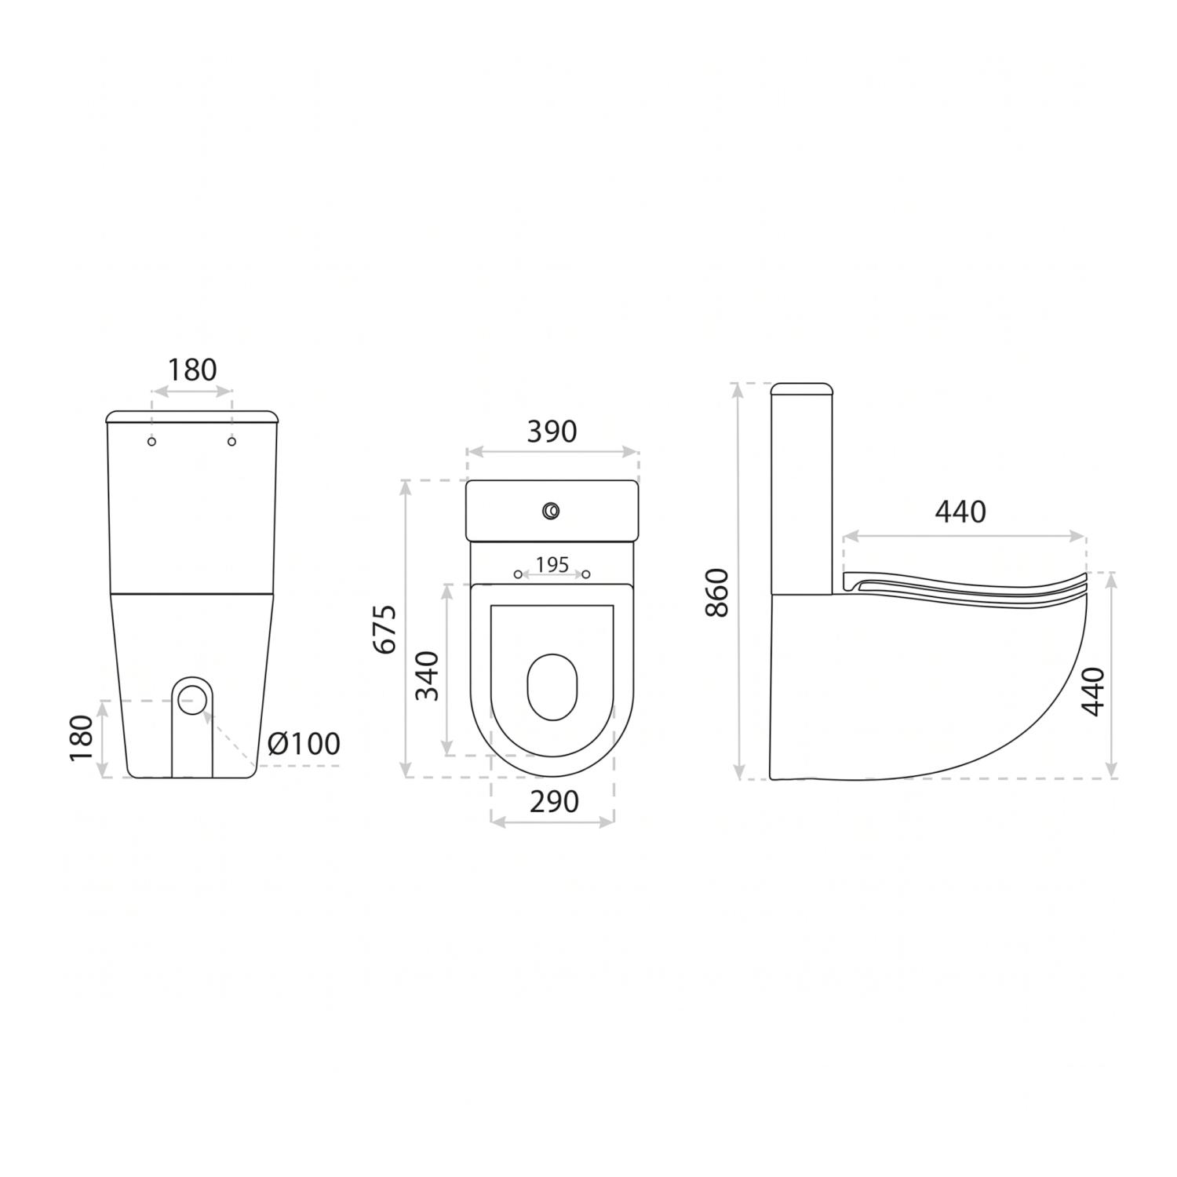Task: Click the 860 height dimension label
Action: pos(718,592)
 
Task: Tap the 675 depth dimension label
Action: pos(385,629)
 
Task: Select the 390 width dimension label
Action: pos(552,432)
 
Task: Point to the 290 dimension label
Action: pos(553,801)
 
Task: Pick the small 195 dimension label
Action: pos(552,565)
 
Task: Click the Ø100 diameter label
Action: pos(304,743)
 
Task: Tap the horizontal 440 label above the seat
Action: pos(960,512)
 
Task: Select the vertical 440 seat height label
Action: pos(1092,691)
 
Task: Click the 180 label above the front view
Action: pos(192,370)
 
